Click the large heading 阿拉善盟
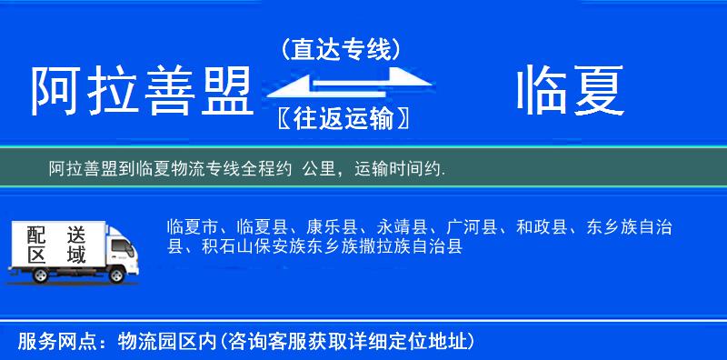[142, 93]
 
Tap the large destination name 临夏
[570, 93]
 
